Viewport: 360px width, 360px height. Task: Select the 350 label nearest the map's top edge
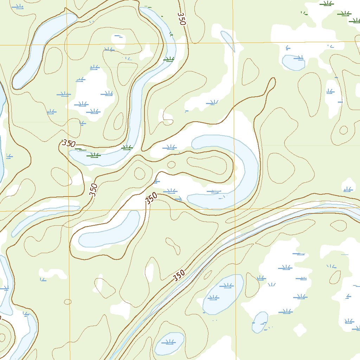[x=181, y=19]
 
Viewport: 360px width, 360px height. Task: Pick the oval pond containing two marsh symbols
[x=223, y=294]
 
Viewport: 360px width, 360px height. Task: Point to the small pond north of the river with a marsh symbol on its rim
[x=293, y=63]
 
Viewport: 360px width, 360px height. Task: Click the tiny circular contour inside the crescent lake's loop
[x=171, y=165]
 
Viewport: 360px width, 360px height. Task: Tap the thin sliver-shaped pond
[x=228, y=41]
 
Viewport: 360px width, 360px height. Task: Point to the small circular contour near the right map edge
[x=343, y=130]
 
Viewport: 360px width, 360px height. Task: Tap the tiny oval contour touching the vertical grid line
[x=67, y=302]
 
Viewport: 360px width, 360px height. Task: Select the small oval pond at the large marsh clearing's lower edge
[x=260, y=322]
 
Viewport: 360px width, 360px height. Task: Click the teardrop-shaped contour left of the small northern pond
[x=250, y=71]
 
